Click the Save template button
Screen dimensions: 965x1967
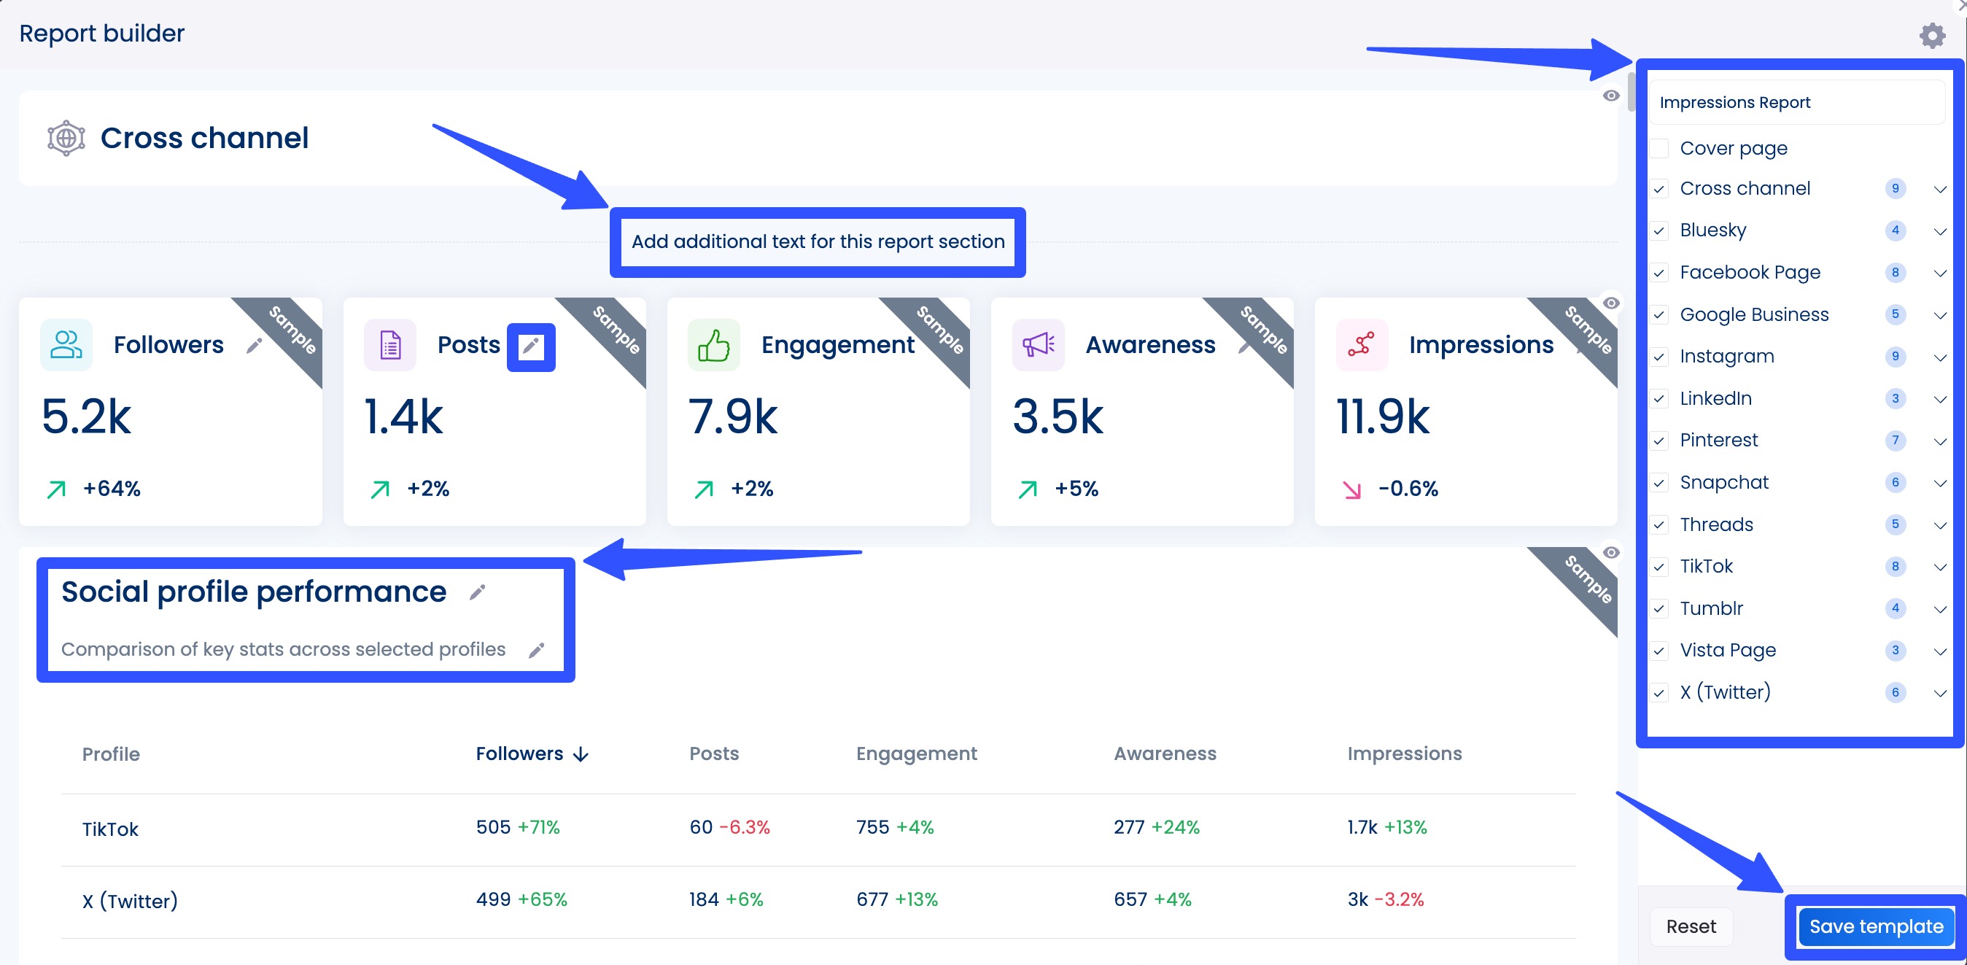click(1875, 926)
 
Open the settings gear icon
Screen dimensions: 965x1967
click(1932, 35)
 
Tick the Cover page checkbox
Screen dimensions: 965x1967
click(1659, 148)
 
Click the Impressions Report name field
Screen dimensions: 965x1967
click(1796, 102)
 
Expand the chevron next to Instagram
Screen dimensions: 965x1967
click(1939, 357)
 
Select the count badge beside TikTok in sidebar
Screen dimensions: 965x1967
click(1895, 567)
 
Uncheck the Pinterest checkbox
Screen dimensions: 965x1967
click(1659, 441)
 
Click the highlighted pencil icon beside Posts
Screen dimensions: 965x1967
click(531, 346)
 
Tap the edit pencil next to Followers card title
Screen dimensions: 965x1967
click(255, 346)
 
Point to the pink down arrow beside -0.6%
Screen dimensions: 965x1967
click(1351, 489)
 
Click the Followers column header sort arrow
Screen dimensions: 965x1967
click(581, 754)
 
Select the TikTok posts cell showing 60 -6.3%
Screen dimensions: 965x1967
click(729, 827)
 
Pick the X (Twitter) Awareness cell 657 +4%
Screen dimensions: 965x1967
click(1152, 899)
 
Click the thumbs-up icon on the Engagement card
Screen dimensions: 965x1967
click(713, 345)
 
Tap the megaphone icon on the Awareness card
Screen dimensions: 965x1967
click(1038, 345)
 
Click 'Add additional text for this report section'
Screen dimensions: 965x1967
click(817, 242)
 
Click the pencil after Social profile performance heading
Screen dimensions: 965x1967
click(477, 592)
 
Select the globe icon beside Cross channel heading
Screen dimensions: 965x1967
click(66, 138)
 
